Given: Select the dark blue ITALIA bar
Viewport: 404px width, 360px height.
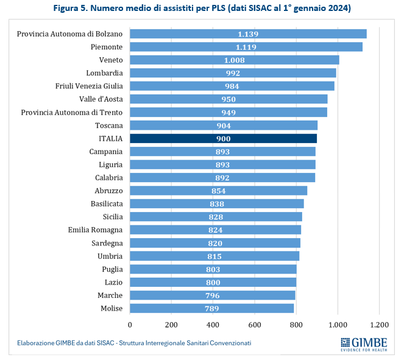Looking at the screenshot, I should [x=223, y=138].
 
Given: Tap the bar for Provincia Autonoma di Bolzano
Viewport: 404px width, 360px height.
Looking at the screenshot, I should [x=248, y=34].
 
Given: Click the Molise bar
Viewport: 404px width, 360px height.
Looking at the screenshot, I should [x=211, y=309].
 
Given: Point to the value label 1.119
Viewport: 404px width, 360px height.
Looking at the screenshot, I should [x=246, y=47].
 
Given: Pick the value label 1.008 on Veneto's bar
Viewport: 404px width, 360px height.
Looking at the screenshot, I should [x=234, y=60].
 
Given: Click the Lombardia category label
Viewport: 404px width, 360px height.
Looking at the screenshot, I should [x=104, y=72].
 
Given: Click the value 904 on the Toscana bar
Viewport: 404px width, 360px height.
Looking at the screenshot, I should [x=224, y=125].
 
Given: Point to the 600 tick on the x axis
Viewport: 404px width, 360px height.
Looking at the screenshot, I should [x=255, y=325].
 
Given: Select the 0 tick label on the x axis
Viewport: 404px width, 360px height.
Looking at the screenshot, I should [x=130, y=325].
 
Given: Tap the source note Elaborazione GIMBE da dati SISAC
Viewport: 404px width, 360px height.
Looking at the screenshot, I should [x=134, y=343].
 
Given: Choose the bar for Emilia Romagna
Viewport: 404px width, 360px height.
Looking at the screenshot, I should [x=215, y=230].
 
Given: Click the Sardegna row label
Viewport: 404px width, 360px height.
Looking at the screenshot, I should [x=106, y=242].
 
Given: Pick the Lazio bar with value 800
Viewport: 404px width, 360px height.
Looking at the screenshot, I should [x=213, y=282].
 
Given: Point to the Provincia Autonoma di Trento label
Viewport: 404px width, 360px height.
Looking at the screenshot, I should [x=72, y=112].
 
